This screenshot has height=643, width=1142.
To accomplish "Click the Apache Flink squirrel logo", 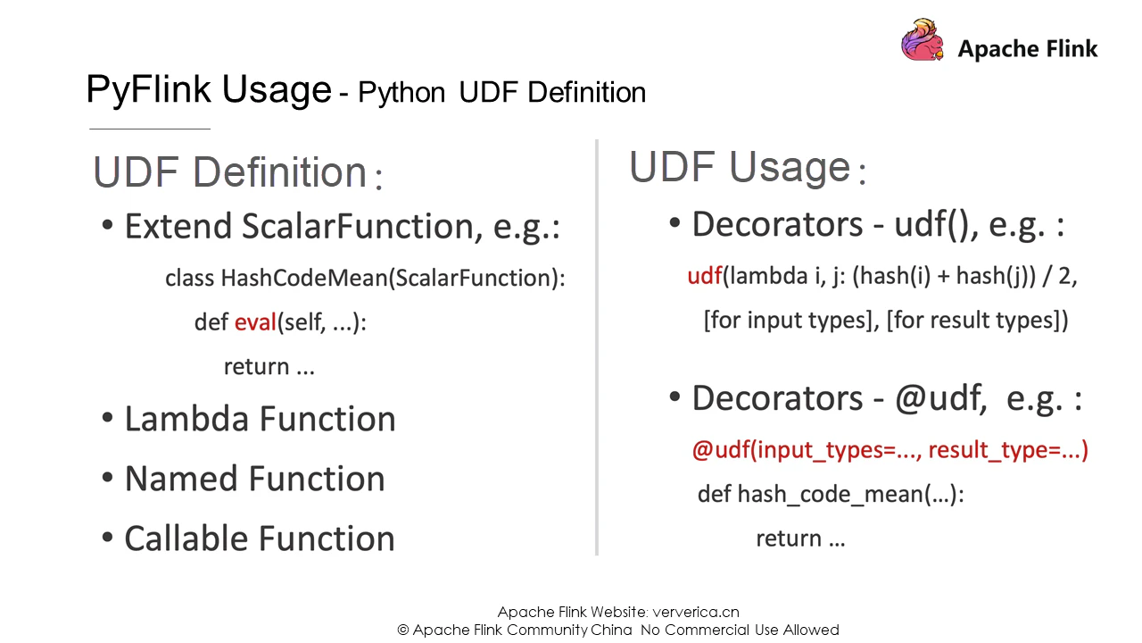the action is [x=923, y=40].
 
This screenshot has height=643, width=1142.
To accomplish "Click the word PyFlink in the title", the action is [x=148, y=90].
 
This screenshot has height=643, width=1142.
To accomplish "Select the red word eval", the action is [x=255, y=322].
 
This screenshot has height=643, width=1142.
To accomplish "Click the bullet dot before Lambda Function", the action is [x=107, y=417].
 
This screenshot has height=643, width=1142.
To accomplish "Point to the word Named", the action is [x=181, y=479].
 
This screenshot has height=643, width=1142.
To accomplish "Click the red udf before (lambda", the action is [x=705, y=276].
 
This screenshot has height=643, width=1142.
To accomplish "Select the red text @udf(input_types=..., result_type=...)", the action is [x=890, y=450].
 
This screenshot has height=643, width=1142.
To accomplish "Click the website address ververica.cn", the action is [x=696, y=612].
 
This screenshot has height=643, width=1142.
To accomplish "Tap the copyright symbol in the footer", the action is [x=402, y=630].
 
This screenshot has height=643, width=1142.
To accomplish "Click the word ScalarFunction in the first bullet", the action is [x=362, y=226].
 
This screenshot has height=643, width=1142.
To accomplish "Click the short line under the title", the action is [x=150, y=129].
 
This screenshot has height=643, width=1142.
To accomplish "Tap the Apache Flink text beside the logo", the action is [x=1028, y=49].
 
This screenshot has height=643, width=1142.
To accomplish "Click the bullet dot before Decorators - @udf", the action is [x=674, y=397].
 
